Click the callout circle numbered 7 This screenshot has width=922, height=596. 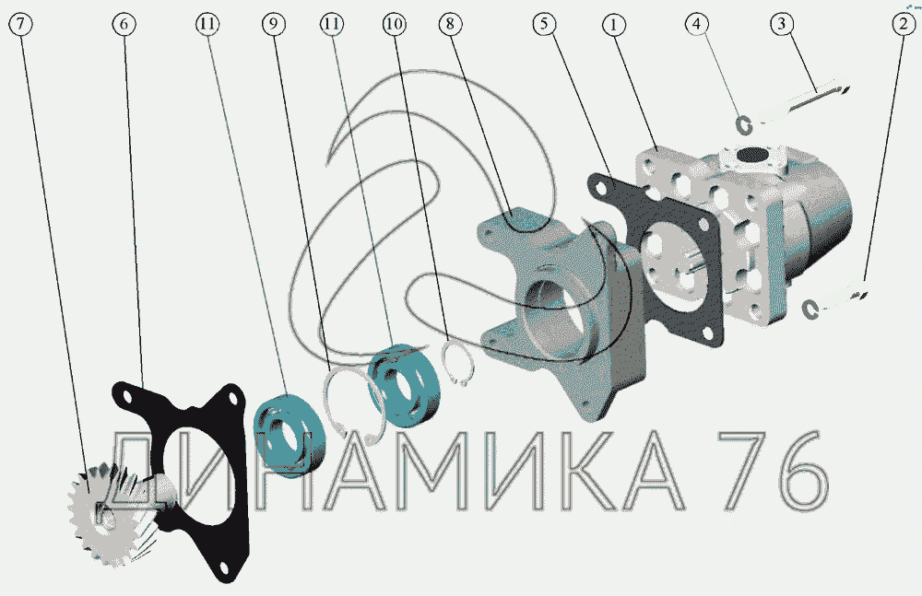20,24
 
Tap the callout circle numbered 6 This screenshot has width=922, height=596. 124,24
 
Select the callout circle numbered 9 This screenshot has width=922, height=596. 274,24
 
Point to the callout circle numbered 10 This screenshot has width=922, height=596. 394,24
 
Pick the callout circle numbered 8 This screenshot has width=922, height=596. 451,24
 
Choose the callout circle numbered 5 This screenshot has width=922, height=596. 545,24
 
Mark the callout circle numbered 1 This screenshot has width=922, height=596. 614,25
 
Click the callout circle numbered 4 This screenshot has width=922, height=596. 697,24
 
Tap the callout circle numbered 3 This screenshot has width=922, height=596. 782,24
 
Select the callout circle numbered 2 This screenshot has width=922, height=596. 904,25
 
